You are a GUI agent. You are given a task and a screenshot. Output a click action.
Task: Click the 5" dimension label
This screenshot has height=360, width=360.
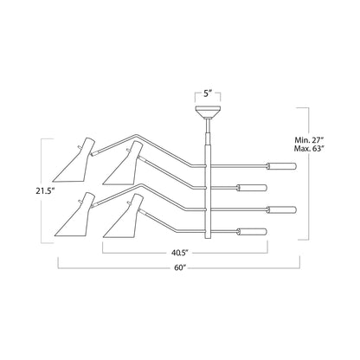pos(208,93)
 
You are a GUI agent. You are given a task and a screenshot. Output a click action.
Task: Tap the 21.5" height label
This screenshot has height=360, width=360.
pos(45,191)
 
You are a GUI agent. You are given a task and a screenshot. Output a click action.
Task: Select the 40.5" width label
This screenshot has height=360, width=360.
pos(180,253)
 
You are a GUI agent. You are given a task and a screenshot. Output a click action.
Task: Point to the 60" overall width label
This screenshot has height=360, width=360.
pos(179,267)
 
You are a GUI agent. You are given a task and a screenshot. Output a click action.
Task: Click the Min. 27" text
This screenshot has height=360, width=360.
pos(309,140)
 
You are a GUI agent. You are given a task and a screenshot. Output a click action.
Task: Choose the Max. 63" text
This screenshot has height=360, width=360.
pos(309,149)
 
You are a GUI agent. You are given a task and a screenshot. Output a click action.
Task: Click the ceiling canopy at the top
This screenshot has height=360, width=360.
pos(208,112)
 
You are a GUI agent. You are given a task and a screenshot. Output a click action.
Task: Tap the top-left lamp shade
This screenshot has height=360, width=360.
pos(74,160)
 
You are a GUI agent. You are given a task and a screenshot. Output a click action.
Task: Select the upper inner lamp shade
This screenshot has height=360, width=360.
pos(123,163)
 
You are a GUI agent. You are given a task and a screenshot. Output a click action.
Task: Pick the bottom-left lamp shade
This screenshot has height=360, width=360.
pos(74,215)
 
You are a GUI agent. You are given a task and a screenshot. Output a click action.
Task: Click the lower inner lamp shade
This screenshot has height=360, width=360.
pos(123,216)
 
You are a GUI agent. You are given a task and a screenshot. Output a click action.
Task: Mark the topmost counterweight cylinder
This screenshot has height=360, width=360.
pos(281,166)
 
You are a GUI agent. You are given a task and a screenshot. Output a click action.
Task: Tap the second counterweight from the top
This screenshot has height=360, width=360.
pos(251,188)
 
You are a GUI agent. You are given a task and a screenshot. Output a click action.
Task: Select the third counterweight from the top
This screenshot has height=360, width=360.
pos(281,209)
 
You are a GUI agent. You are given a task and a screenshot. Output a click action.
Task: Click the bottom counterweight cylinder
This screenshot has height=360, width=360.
pos(251,231)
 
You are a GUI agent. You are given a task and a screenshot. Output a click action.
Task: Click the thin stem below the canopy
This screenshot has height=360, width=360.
pos(208,125)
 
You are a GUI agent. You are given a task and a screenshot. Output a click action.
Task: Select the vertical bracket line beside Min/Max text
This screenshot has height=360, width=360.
pos(309,174)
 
